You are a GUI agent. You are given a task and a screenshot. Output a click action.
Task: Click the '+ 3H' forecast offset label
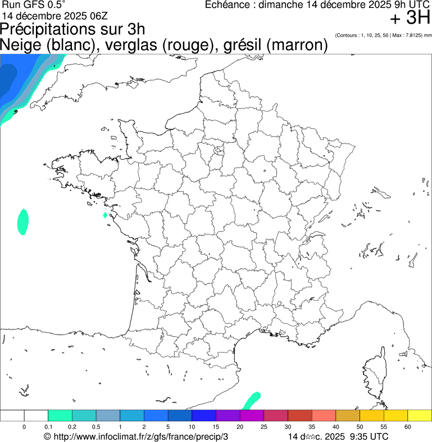coord(410,19)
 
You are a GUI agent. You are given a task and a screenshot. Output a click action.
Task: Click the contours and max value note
coord(383,35)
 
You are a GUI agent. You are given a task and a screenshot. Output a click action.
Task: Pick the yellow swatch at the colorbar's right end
coord(419,416)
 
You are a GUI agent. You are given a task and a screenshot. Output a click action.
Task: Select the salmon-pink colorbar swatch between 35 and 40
coord(324,416)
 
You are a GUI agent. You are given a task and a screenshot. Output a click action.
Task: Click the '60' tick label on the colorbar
coord(407,427)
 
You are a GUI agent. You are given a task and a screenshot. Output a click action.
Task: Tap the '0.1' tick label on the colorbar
coord(48,427)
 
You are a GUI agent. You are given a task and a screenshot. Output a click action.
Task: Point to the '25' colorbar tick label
coord(264,427)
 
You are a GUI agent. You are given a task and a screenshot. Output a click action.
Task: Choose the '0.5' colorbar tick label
coord(96,427)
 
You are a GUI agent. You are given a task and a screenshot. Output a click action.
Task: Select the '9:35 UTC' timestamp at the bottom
coord(369,436)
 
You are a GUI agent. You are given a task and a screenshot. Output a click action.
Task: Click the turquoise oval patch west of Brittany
coord(22,221)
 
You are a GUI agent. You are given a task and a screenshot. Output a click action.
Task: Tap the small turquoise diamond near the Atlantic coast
coord(105,215)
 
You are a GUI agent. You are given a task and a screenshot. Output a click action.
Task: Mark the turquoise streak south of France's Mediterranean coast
coord(251,400)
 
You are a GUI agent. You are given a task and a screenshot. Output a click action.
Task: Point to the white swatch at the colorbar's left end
coord(12,416)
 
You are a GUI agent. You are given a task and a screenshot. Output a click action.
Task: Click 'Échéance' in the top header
coord(227,5)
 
